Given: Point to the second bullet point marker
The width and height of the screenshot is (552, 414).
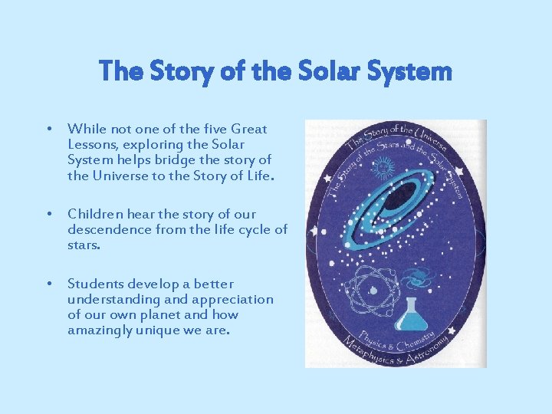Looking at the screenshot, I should point(48,214).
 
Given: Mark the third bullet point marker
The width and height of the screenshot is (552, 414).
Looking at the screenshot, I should point(48,284).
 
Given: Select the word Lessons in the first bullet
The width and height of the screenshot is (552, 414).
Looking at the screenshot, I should point(92,145).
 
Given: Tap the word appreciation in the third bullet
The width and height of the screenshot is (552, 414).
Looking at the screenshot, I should point(232,299).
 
